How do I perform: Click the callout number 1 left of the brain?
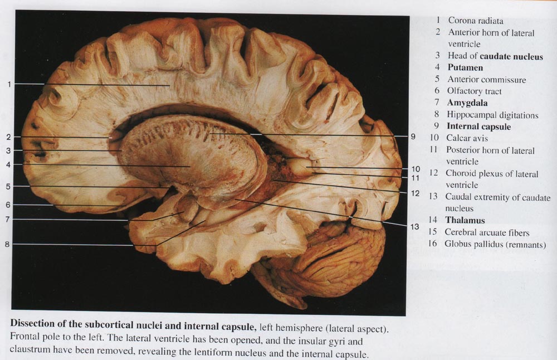pyautogui.click(x=9, y=84)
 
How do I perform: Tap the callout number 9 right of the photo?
pyautogui.click(x=413, y=136)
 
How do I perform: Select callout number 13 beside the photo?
pyautogui.click(x=414, y=227)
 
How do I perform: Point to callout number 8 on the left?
pyautogui.click(x=7, y=244)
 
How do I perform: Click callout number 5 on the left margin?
pyautogui.click(x=8, y=186)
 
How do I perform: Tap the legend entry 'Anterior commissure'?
pyautogui.click(x=486, y=79)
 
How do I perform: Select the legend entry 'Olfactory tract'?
pyautogui.click(x=474, y=91)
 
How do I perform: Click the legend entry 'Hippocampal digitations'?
pyautogui.click(x=492, y=115)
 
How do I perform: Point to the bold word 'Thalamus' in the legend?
pyautogui.click(x=465, y=220)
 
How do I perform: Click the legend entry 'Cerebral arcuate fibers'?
pyautogui.click(x=487, y=232)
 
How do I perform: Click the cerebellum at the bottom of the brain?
pyautogui.click(x=334, y=262)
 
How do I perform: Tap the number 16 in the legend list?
pyautogui.click(x=433, y=244)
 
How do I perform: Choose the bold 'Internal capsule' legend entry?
pyautogui.click(x=478, y=127)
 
